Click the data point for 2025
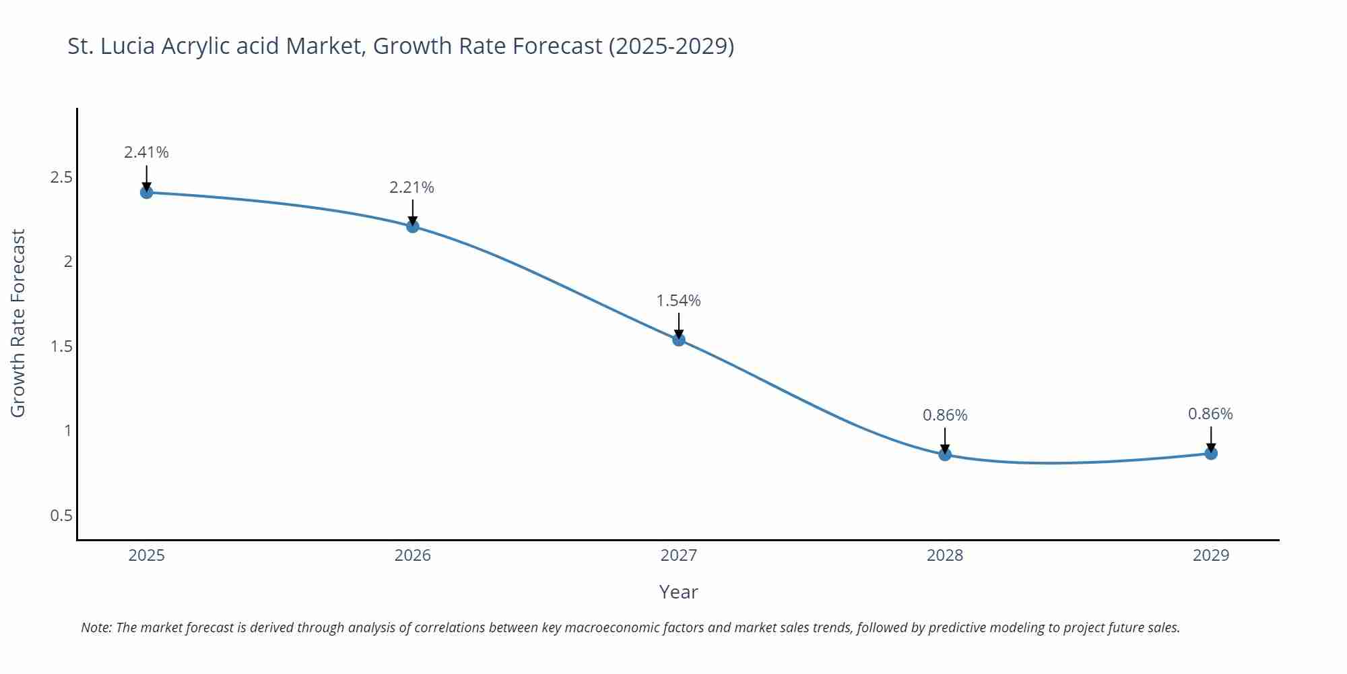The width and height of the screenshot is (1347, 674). [x=146, y=193]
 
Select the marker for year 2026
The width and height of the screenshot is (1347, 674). [x=413, y=226]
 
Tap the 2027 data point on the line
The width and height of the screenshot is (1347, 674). [x=679, y=340]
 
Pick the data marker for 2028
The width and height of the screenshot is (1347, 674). [x=945, y=454]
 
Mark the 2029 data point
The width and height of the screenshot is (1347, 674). [x=1211, y=454]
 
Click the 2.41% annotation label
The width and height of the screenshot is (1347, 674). [x=146, y=152]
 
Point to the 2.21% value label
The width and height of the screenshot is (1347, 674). [x=412, y=187]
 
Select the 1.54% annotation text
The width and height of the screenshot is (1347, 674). [x=678, y=301]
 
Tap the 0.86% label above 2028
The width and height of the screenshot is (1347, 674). [x=945, y=415]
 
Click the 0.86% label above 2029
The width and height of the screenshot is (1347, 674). [x=1210, y=414]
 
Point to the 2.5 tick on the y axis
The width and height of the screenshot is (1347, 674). [x=61, y=177]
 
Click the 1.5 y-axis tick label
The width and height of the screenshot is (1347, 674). [x=61, y=346]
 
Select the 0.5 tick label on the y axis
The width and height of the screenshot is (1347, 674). [x=61, y=516]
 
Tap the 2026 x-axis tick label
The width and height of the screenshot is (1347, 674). [x=413, y=555]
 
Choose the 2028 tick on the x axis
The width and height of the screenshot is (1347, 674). [x=945, y=555]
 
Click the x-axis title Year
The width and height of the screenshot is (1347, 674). [x=678, y=592]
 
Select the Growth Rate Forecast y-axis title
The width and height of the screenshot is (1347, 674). [x=18, y=323]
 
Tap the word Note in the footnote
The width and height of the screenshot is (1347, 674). [x=96, y=627]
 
